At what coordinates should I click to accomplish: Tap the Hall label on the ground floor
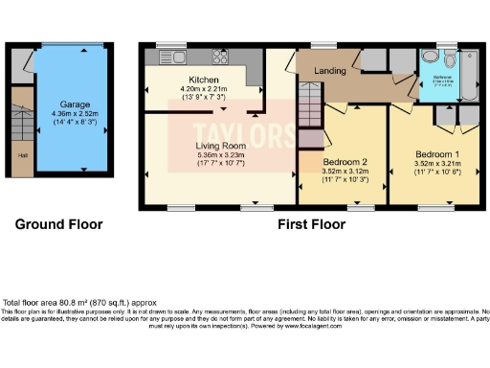coord(21,154)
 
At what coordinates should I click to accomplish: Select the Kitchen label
coord(204,80)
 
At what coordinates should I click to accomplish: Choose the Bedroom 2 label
coord(343,164)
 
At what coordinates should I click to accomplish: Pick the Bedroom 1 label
coord(435,154)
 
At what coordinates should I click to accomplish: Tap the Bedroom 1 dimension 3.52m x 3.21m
coord(435,164)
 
